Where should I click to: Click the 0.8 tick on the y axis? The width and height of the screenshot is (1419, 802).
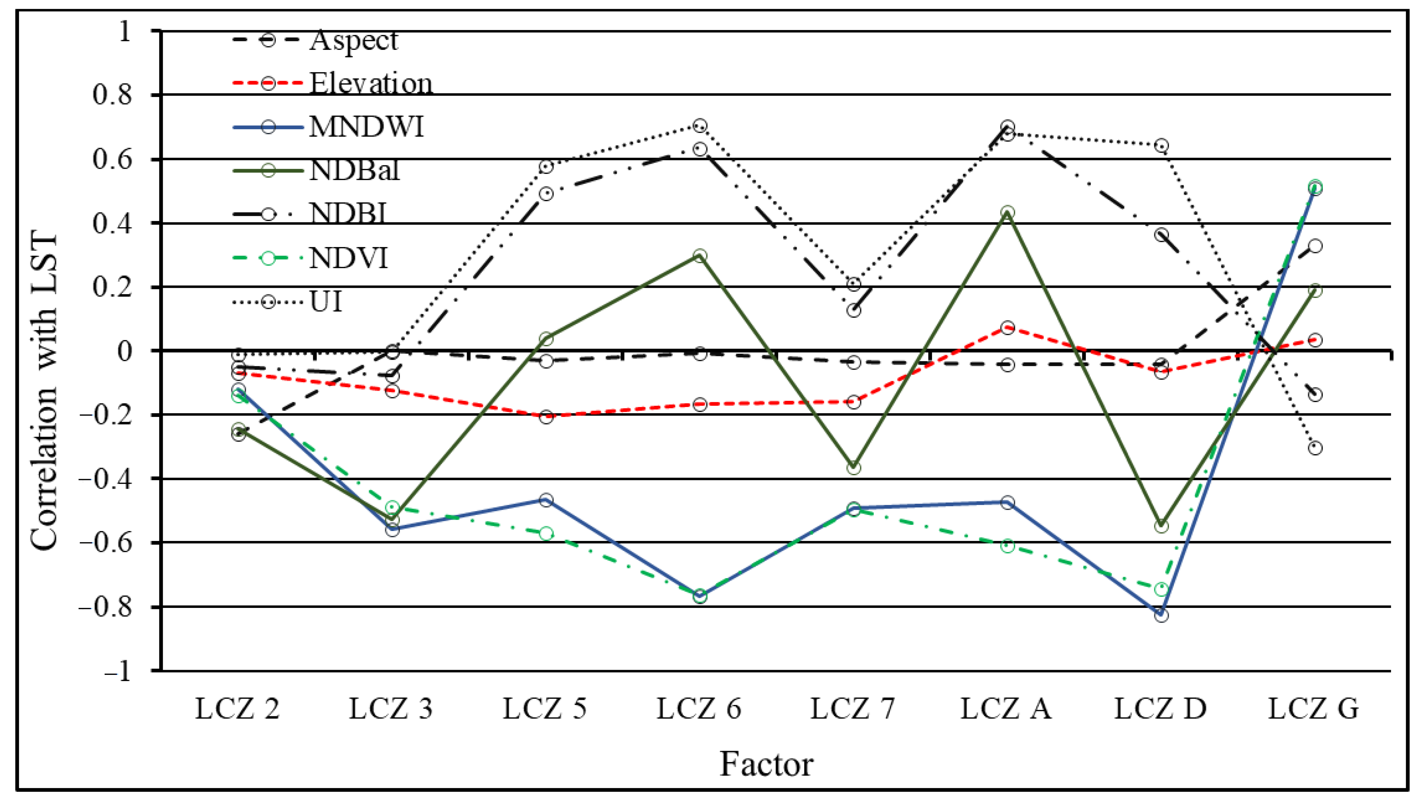[x=112, y=95]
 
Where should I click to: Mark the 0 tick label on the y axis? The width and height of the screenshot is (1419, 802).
[x=125, y=351]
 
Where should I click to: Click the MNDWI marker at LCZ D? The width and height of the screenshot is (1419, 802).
[x=1161, y=615]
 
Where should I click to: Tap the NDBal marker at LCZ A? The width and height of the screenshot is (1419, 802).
[x=1007, y=213]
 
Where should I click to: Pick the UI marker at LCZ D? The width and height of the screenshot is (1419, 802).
[x=1161, y=146]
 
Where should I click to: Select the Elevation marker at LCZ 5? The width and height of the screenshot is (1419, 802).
[x=546, y=417]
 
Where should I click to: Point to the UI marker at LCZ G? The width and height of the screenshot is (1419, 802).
[x=1315, y=448]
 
